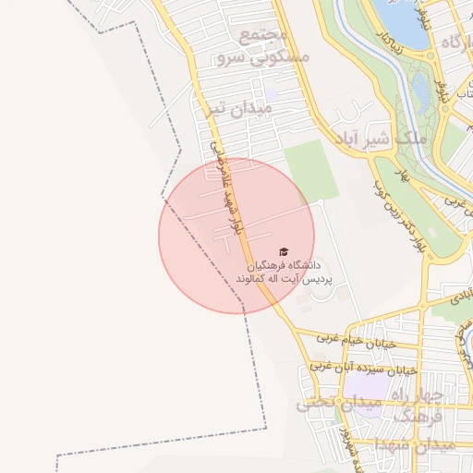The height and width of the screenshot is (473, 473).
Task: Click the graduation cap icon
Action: (x=284, y=251)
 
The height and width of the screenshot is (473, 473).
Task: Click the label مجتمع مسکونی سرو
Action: (x=262, y=47)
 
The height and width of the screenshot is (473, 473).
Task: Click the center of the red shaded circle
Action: (x=236, y=236)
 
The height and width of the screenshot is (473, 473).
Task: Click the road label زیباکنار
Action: (x=392, y=37)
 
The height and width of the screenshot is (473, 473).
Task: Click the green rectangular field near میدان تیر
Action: (x=311, y=169)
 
